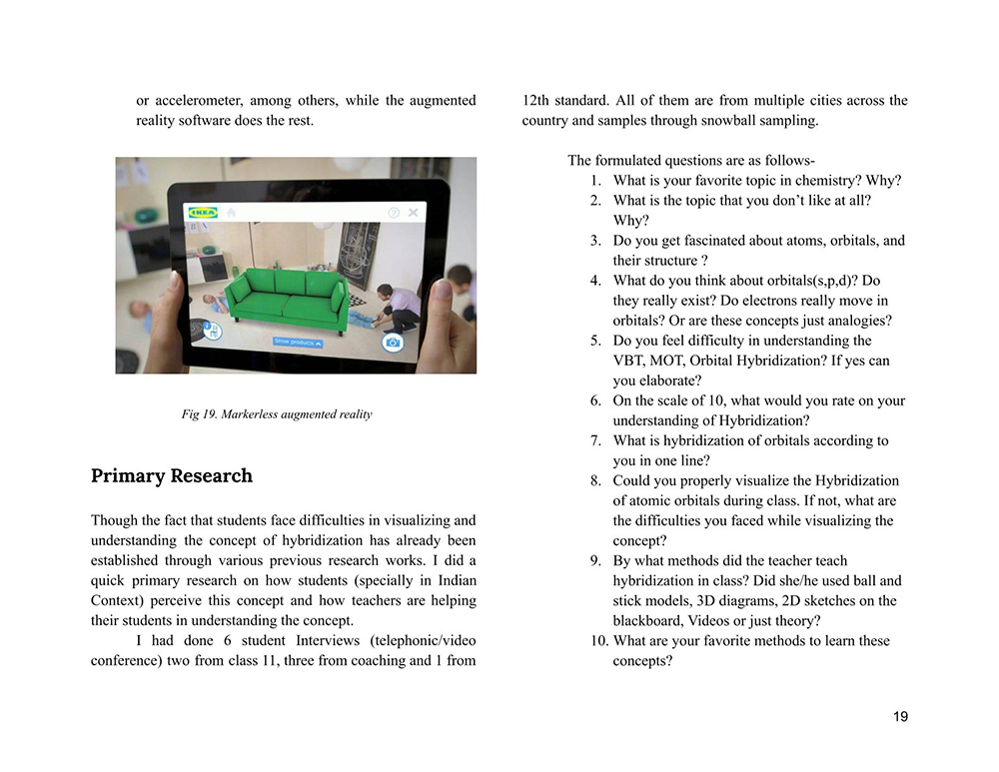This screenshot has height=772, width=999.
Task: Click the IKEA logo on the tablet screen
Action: (x=203, y=213)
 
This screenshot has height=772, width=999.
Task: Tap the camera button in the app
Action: (x=393, y=342)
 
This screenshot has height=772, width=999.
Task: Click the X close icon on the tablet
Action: (x=414, y=213)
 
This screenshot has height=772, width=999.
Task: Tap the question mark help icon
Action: (x=394, y=213)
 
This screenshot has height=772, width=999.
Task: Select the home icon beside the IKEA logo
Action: (x=231, y=213)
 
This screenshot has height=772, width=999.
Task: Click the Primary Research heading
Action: (x=172, y=475)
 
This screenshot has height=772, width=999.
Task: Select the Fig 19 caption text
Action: (x=277, y=413)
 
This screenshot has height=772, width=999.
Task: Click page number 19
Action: (x=900, y=716)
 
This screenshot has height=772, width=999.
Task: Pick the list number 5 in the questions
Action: (x=595, y=341)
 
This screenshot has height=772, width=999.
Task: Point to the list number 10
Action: (x=598, y=640)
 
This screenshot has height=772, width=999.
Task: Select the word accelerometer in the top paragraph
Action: (x=197, y=101)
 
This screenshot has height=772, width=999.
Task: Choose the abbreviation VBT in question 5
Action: (x=629, y=361)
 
